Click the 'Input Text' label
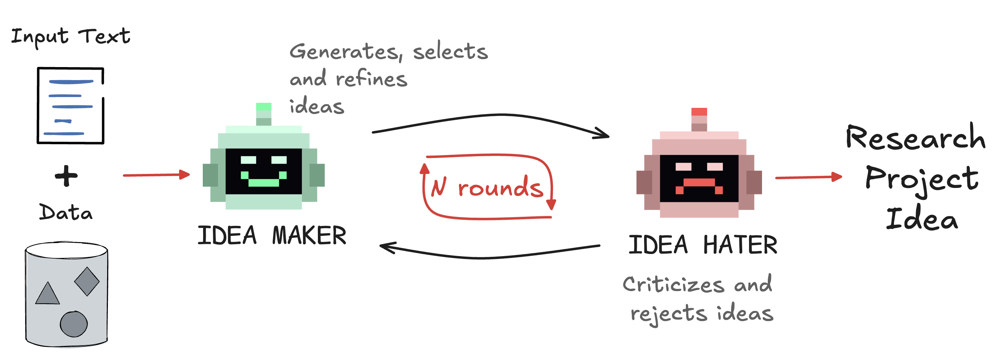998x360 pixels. coord(70,37)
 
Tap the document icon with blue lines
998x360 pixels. coord(70,106)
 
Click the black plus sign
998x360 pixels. coord(66,176)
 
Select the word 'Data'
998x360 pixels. coord(66,212)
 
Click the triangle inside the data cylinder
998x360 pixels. coord(47,294)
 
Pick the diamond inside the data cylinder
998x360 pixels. coord(87,281)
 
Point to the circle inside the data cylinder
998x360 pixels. coord(74,324)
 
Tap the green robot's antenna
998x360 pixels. coord(264,114)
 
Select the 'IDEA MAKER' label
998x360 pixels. coord(272,236)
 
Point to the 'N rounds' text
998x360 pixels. coord(487,188)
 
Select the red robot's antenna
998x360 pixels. coord(699,119)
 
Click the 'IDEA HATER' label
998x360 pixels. coord(703,245)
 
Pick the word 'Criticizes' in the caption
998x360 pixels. coord(673,285)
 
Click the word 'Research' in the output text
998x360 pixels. coord(915,138)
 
